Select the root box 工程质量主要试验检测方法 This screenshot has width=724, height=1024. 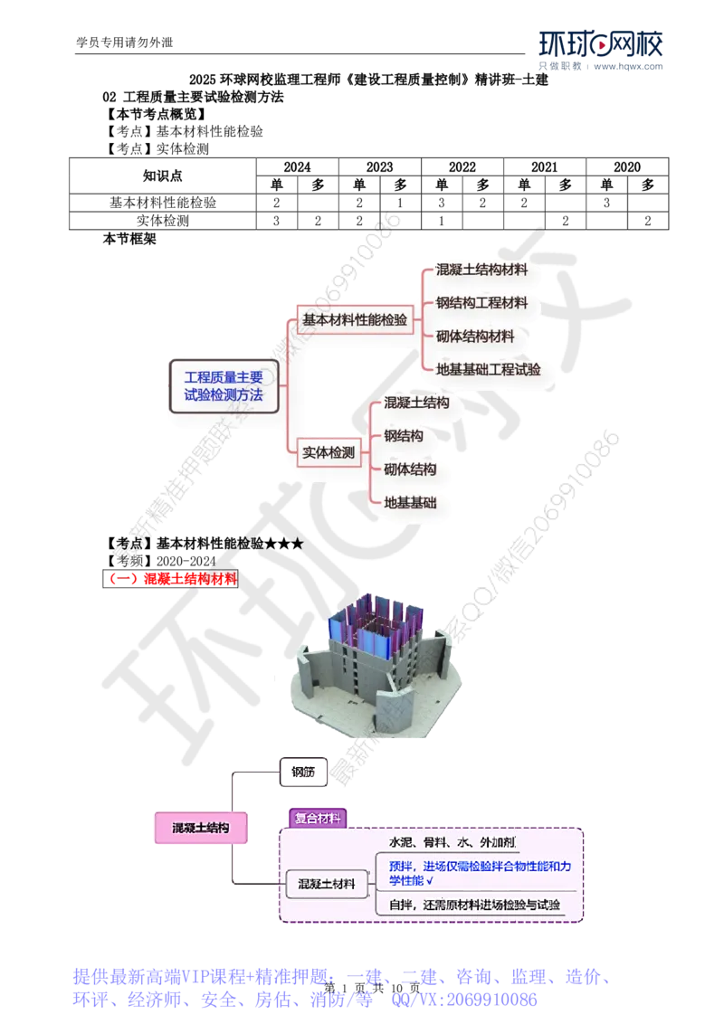224,385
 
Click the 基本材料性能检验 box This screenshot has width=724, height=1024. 355,320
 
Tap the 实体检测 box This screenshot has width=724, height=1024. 327,451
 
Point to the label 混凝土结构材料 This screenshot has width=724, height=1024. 481,270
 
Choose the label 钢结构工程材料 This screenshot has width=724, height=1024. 481,303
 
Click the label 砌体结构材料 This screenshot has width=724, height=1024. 475,337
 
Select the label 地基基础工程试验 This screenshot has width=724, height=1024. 489,369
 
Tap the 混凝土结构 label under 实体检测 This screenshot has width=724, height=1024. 416,403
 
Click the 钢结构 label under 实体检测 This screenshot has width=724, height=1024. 404,436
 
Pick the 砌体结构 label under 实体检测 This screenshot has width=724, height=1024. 410,469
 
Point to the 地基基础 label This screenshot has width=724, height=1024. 410,502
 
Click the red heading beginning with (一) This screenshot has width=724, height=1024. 173,579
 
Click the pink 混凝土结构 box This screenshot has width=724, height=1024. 201,828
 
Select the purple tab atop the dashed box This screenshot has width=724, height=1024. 316,818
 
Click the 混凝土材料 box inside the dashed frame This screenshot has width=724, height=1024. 327,884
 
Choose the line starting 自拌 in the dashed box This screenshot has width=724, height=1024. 474,905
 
